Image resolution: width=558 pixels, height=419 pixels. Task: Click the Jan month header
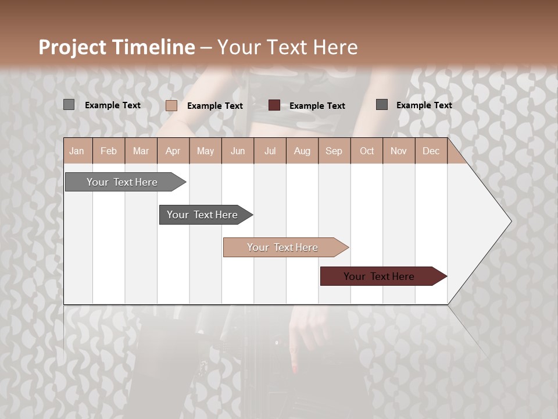(77, 151)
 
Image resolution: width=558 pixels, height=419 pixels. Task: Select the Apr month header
(173, 151)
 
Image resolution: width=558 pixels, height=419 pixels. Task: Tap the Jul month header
(270, 151)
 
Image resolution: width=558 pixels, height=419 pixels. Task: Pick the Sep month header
(334, 151)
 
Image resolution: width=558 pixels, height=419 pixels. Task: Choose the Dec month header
(431, 151)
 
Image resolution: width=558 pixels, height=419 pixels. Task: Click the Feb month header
(109, 151)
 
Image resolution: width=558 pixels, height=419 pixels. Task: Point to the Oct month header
(367, 151)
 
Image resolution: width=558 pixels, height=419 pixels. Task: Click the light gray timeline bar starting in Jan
(122, 182)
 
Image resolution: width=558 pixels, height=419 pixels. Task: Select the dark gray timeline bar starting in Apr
(202, 215)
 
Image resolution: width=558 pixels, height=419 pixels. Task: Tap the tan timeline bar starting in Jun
(282, 247)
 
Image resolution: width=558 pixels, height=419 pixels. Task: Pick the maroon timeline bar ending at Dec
(379, 276)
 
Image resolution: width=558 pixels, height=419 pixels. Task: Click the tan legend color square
(171, 105)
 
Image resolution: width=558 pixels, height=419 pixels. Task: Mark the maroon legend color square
(274, 105)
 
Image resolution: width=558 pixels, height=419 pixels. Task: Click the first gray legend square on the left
(69, 105)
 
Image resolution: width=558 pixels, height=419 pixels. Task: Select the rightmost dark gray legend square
(382, 105)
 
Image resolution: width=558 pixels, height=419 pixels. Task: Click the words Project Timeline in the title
(116, 47)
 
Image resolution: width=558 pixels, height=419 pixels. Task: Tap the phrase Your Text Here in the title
(287, 47)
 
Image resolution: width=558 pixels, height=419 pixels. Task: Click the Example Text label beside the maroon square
(317, 106)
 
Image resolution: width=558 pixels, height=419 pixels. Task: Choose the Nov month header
(399, 151)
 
